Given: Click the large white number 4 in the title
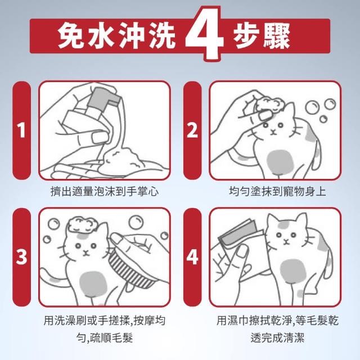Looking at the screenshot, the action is pyautogui.click(x=204, y=34).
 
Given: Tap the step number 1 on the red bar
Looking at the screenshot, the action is pyautogui.click(x=21, y=130).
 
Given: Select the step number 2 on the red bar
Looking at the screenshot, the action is pyautogui.click(x=192, y=130).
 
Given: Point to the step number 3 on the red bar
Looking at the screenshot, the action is pyautogui.click(x=21, y=256).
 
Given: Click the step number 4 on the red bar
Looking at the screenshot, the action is pyautogui.click(x=192, y=256).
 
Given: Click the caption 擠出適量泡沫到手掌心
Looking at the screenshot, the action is pyautogui.click(x=105, y=191).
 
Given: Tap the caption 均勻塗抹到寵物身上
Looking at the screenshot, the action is pyautogui.click(x=277, y=191).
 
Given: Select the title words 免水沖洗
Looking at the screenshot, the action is pyautogui.click(x=116, y=36).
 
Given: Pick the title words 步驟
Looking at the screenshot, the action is pyautogui.click(x=262, y=36).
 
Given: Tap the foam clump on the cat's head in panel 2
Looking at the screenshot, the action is pyautogui.click(x=269, y=105).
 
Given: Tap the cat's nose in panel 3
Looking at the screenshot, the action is pyautogui.click(x=85, y=253).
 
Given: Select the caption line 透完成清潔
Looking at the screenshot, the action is pyautogui.click(x=277, y=337).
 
